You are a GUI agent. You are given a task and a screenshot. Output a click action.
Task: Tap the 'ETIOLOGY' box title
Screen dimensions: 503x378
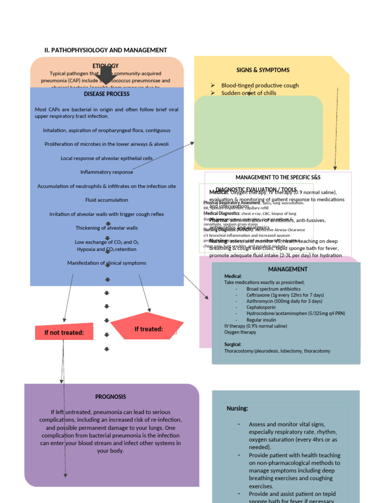pyautogui.click(x=105, y=66)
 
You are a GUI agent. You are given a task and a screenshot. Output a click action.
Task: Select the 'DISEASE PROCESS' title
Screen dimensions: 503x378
pyautogui.click(x=107, y=94)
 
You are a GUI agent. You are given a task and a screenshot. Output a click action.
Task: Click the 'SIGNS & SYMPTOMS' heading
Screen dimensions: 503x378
pyautogui.click(x=263, y=70)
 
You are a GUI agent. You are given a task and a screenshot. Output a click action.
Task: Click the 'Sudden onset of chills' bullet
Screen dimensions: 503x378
pyautogui.click(x=249, y=93)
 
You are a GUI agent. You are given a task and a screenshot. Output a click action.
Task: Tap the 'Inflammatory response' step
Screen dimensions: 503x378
pyautogui.click(x=107, y=172)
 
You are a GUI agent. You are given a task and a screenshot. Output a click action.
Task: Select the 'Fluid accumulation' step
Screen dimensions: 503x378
pyautogui.click(x=107, y=200)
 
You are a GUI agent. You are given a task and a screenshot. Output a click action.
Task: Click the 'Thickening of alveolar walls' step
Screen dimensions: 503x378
pyautogui.click(x=107, y=228)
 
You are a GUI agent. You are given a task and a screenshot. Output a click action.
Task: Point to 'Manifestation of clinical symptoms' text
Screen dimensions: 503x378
pyautogui.click(x=107, y=263)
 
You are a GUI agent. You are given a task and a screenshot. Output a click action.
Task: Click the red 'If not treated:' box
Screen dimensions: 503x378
pyautogui.click(x=64, y=333)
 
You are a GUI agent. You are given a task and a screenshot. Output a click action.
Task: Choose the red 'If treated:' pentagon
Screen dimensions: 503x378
pyautogui.click(x=148, y=329)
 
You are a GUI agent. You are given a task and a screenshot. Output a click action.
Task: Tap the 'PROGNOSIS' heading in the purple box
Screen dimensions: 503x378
pyautogui.click(x=111, y=396)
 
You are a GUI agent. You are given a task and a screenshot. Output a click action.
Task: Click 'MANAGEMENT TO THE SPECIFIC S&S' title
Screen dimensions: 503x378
pyautogui.click(x=278, y=177)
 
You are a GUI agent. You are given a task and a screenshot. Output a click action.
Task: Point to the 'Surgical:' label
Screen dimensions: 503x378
pyautogui.click(x=232, y=345)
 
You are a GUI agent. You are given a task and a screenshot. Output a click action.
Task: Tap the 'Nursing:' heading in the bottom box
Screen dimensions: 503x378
pyautogui.click(x=237, y=408)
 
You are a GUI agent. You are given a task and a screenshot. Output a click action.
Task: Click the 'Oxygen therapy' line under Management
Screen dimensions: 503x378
pyautogui.click(x=240, y=332)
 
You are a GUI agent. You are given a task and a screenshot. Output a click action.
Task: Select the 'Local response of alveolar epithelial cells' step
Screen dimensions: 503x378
pyautogui.click(x=107, y=158)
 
